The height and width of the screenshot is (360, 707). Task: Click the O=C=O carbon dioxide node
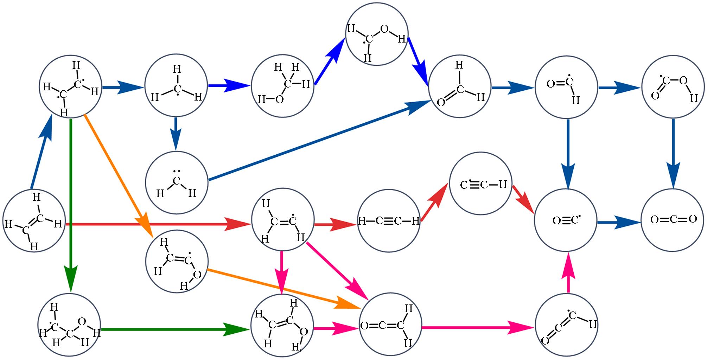pos(673,220)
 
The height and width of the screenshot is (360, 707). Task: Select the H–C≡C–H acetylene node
pos(389,221)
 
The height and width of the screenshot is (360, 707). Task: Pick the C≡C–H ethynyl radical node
pos(480,184)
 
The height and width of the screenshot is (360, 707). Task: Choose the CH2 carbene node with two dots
pos(177,182)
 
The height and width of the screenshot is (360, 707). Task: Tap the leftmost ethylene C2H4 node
pos(34,221)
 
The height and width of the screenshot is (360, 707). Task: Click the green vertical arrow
pos(71,204)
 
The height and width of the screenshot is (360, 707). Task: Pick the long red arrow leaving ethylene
pos(158,224)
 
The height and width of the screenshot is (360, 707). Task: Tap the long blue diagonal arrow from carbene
pos(317,141)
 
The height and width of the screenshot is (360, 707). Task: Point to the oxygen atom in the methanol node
pos(279,99)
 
